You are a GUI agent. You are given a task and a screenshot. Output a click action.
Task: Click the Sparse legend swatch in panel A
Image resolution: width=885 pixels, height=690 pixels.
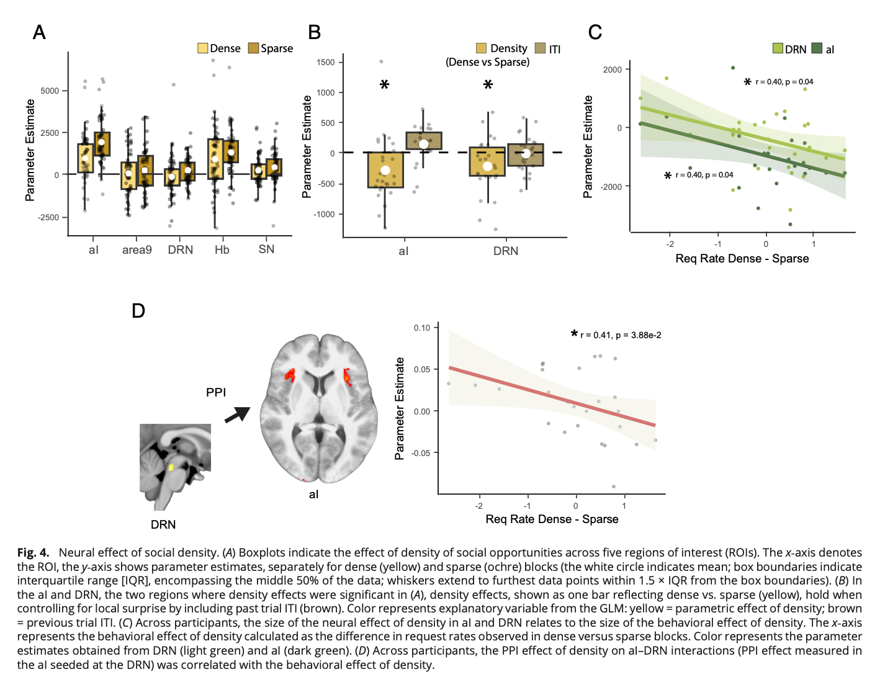253,48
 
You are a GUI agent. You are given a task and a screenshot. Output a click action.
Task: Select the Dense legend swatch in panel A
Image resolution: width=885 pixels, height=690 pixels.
203,48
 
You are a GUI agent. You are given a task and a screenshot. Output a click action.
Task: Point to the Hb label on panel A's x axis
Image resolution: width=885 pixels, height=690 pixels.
222,250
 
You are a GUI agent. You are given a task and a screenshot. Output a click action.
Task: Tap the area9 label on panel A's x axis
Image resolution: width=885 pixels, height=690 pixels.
137,250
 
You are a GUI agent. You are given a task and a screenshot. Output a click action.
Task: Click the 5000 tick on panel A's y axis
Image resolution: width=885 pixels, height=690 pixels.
50,91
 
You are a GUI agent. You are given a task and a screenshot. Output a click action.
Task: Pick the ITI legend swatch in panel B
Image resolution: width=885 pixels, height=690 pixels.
540,48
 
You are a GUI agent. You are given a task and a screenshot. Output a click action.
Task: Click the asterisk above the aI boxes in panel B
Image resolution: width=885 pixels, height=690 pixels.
385,85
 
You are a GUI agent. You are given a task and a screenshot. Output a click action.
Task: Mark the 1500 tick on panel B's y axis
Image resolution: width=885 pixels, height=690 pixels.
325,62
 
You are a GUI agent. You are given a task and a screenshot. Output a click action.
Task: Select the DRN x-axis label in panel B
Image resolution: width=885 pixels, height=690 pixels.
506,251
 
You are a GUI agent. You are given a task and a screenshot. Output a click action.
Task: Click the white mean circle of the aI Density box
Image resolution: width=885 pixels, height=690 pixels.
385,171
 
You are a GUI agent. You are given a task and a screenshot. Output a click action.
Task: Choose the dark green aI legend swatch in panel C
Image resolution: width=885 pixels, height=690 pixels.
817,48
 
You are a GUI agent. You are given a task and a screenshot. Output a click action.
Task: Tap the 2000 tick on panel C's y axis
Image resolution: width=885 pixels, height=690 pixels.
613,69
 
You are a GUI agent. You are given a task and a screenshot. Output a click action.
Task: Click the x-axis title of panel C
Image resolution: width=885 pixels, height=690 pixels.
742,259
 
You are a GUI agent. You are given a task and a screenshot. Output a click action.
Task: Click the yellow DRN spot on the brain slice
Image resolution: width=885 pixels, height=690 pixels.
171,467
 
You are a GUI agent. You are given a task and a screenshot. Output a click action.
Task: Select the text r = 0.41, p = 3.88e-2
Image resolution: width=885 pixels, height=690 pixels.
621,335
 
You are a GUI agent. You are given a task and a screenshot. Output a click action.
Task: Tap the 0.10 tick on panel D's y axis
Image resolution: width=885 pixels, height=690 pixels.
422,328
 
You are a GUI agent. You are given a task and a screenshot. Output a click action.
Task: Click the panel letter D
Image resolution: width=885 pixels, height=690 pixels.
138,311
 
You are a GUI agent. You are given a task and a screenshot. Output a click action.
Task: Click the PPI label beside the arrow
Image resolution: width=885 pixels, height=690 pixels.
216,392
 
